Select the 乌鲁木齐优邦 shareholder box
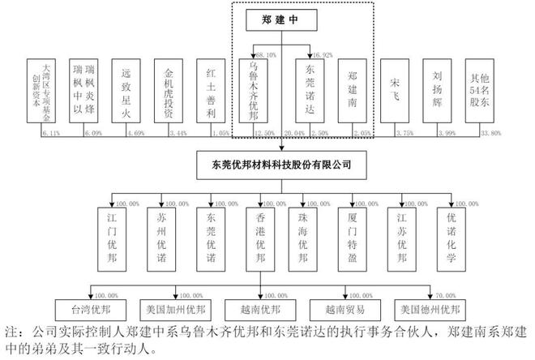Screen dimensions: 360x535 pos(259,91)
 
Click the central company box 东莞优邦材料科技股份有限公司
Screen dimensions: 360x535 pos(281,165)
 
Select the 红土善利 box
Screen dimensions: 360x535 pos(210,91)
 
